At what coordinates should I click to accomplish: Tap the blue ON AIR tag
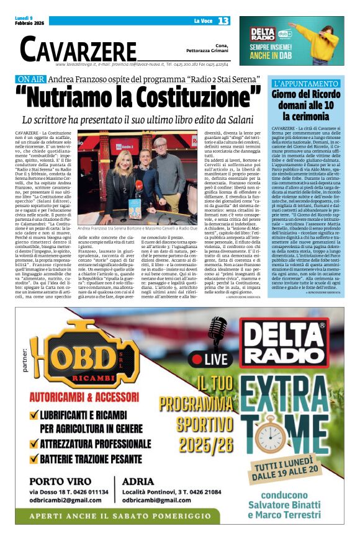pyautogui.click(x=48, y=79)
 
